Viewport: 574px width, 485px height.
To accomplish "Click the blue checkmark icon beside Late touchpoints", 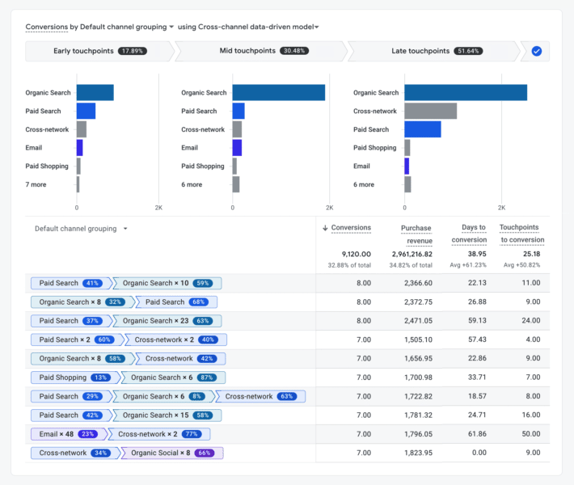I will pyautogui.click(x=537, y=51).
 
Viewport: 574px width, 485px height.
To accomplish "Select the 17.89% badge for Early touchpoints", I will pyautogui.click(x=133, y=51).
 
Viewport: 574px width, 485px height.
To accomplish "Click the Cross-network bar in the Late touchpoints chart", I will pyautogui.click(x=430, y=111).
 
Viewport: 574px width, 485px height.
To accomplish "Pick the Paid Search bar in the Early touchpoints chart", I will pyautogui.click(x=86, y=111).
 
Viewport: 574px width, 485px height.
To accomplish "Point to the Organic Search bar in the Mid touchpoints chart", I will pyautogui.click(x=278, y=93).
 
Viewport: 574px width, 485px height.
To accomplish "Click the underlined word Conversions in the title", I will pyautogui.click(x=46, y=27).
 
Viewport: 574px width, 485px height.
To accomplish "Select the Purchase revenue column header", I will pyautogui.click(x=416, y=234).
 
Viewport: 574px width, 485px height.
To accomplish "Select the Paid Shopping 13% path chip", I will pyautogui.click(x=73, y=377).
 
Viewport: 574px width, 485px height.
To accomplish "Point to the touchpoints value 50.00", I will pyautogui.click(x=530, y=434).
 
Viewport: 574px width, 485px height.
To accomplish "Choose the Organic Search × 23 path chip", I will pyautogui.click(x=163, y=321).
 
